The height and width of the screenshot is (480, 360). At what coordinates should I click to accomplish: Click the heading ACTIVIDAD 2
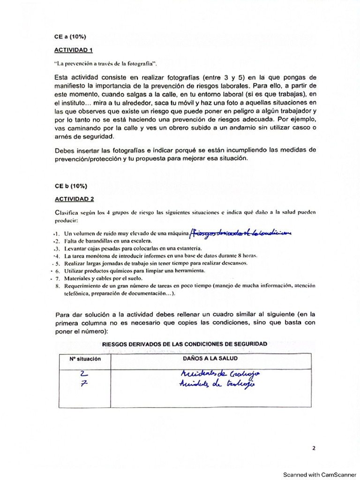click(74, 198)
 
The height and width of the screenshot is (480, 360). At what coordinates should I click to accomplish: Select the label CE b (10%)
click(68, 186)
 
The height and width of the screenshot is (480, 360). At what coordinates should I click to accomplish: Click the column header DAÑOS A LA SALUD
click(210, 359)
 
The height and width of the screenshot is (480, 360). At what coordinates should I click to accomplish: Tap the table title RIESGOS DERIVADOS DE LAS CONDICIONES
click(185, 344)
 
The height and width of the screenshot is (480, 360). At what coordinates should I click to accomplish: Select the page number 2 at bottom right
click(314, 448)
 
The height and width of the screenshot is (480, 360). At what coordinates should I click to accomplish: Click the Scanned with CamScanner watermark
click(319, 474)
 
